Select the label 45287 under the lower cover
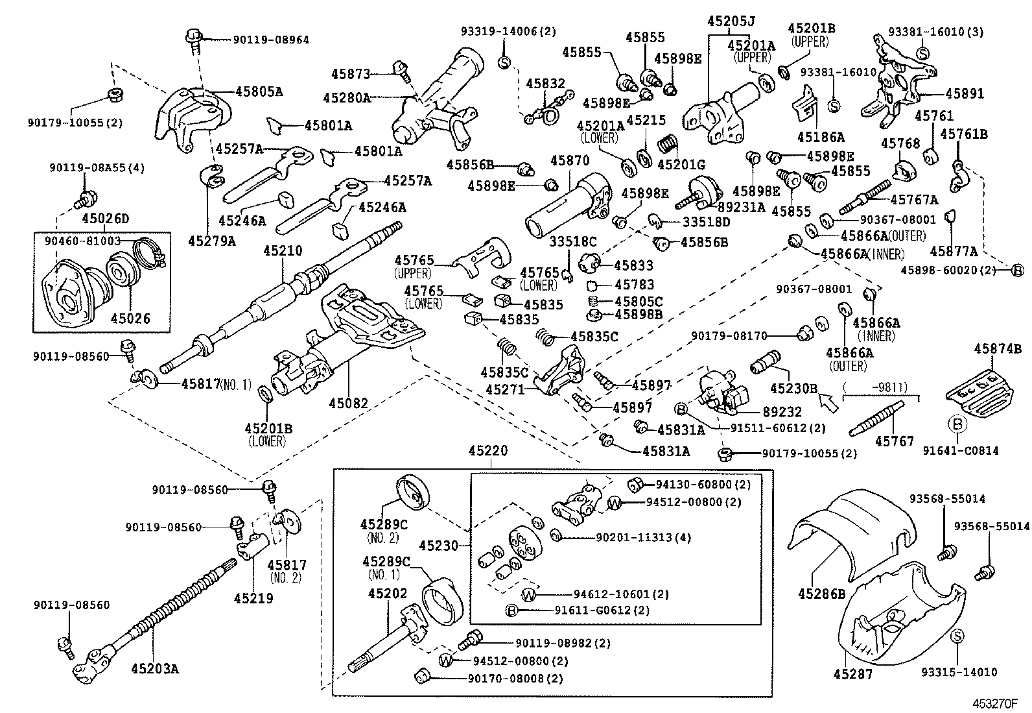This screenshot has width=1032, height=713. pos(853,674)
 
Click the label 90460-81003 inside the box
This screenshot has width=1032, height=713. pos(83,240)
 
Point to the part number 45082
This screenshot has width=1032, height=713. pos(348,403)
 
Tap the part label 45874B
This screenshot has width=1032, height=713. pos(997,349)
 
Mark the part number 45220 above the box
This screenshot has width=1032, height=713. pos(488,450)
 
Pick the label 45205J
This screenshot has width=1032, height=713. pos(731,21)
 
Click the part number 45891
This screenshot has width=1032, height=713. pos(964,93)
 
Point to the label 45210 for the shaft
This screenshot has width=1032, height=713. pos(283,250)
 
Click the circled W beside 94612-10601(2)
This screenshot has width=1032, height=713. pos(530,594)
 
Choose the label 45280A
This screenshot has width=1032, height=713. pos(346,98)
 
